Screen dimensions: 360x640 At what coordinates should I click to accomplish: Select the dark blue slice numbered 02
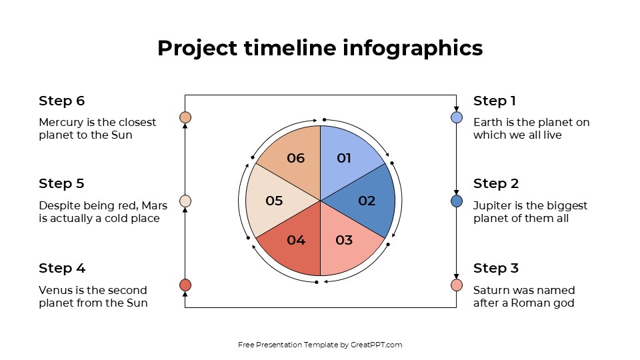tap(365, 201)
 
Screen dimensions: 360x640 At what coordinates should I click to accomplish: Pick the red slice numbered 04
tap(295, 241)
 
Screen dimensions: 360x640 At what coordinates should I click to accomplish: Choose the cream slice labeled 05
tap(274, 201)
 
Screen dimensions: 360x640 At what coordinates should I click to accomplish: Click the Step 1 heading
tap(495, 101)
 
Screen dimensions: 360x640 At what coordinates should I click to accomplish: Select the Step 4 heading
tap(62, 268)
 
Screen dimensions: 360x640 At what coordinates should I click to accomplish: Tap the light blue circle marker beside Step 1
tap(457, 117)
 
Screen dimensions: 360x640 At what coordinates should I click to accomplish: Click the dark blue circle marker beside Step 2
tap(457, 201)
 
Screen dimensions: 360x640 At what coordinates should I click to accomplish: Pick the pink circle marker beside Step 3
tap(457, 285)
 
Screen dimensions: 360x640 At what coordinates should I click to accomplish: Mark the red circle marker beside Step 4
tap(185, 285)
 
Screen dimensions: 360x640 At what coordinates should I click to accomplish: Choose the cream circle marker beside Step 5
tap(185, 201)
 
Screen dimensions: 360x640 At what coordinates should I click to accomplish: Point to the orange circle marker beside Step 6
tap(185, 117)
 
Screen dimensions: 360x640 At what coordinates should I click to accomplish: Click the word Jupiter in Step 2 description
tap(490, 205)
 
